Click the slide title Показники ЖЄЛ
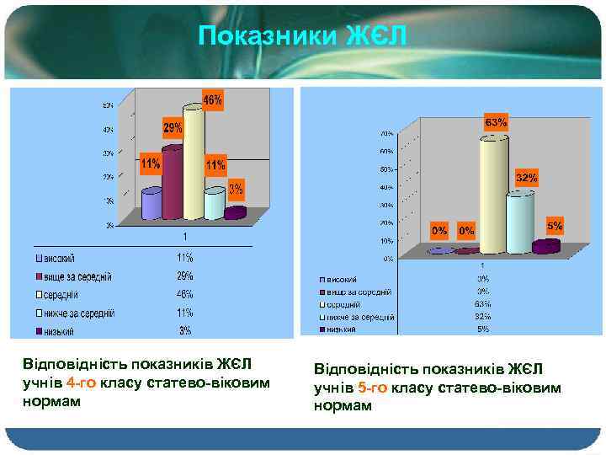[x=303, y=37]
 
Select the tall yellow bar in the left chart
[x=194, y=164]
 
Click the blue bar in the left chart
[x=151, y=204]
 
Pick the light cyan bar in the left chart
[x=215, y=202]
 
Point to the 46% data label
[x=214, y=100]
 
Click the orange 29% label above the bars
[x=173, y=128]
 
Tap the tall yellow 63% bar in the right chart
[x=493, y=195]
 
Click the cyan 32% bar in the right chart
[x=520, y=222]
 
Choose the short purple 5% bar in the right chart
[x=545, y=246]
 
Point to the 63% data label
[x=496, y=122]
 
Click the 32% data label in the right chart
[x=526, y=178]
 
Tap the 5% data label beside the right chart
[x=555, y=226]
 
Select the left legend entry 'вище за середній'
[x=78, y=276]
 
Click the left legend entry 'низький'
[x=60, y=331]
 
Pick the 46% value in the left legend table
[x=184, y=295]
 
